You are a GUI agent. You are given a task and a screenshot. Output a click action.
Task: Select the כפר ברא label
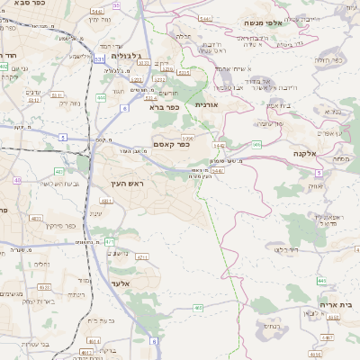click(166, 106)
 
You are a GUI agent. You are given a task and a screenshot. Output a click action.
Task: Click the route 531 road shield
click(98, 58)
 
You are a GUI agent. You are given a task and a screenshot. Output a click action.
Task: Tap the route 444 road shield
click(101, 96)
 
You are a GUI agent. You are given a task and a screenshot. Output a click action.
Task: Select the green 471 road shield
click(109, 241)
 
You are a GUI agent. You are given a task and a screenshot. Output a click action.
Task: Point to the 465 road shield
click(198, 308)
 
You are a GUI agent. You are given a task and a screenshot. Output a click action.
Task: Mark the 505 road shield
click(257, 144)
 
